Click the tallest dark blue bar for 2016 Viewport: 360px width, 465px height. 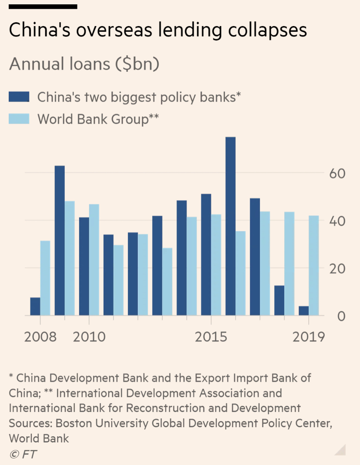(x=230, y=226)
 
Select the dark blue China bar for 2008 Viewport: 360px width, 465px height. (x=35, y=307)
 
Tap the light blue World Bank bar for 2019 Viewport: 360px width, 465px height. (x=314, y=265)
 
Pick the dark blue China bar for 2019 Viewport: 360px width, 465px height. (x=303, y=311)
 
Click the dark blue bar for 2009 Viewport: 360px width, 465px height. (x=60, y=241)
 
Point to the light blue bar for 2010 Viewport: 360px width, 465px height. (x=94, y=260)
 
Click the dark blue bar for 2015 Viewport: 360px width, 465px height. (x=206, y=254)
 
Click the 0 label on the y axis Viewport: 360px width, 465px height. (x=341, y=316)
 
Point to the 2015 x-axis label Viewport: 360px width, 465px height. (x=211, y=337)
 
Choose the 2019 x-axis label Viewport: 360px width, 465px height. (x=309, y=337)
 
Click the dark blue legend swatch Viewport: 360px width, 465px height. (x=19, y=97)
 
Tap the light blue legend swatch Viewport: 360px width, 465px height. (x=19, y=119)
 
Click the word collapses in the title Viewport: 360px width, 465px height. (x=262, y=30)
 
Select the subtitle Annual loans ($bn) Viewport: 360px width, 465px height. (x=84, y=64)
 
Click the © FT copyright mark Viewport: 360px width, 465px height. (x=23, y=454)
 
